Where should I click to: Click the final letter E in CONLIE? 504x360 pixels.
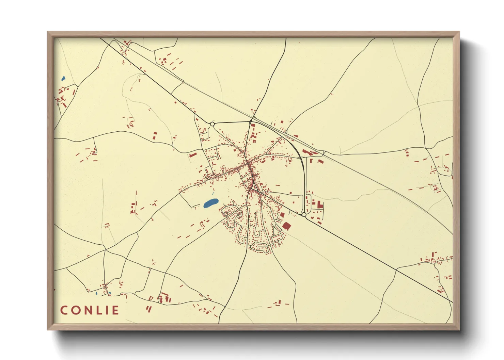click(115, 310)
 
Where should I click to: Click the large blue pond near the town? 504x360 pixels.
click(210, 203)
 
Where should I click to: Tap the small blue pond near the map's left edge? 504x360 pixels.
click(63, 79)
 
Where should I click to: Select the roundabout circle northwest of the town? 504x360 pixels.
click(212, 124)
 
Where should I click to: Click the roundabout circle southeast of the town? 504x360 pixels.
click(304, 214)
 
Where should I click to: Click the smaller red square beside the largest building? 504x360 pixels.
click(282, 215)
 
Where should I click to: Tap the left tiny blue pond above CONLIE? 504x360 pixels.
click(96, 293)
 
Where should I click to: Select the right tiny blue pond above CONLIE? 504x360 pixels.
click(109, 293)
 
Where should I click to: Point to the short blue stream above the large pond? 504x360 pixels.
click(213, 194)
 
